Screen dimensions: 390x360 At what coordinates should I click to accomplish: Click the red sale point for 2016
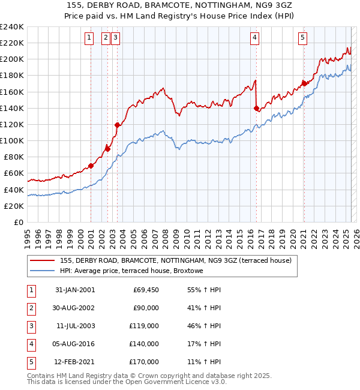(256, 109)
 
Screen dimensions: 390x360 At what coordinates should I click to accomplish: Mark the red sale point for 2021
(304, 84)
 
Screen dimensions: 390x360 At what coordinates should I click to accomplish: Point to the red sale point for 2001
(91, 166)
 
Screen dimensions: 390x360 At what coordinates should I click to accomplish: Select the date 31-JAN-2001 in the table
(75, 290)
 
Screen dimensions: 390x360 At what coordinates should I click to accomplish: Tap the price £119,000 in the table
(144, 326)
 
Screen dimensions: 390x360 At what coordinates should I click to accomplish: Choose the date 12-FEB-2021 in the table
(75, 362)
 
